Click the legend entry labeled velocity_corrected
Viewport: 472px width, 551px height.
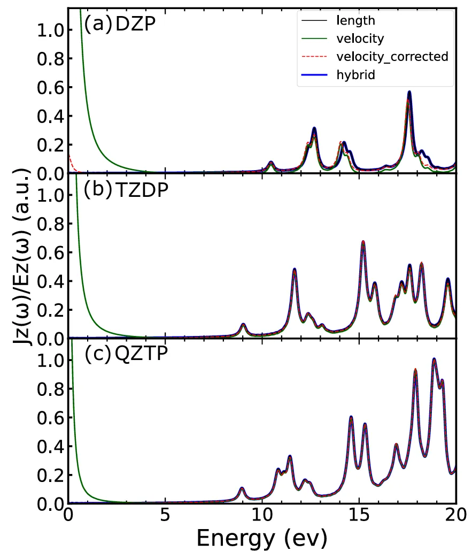pos(392,56)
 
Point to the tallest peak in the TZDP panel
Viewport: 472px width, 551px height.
pos(363,242)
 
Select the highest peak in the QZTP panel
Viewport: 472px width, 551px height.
pos(434,359)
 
